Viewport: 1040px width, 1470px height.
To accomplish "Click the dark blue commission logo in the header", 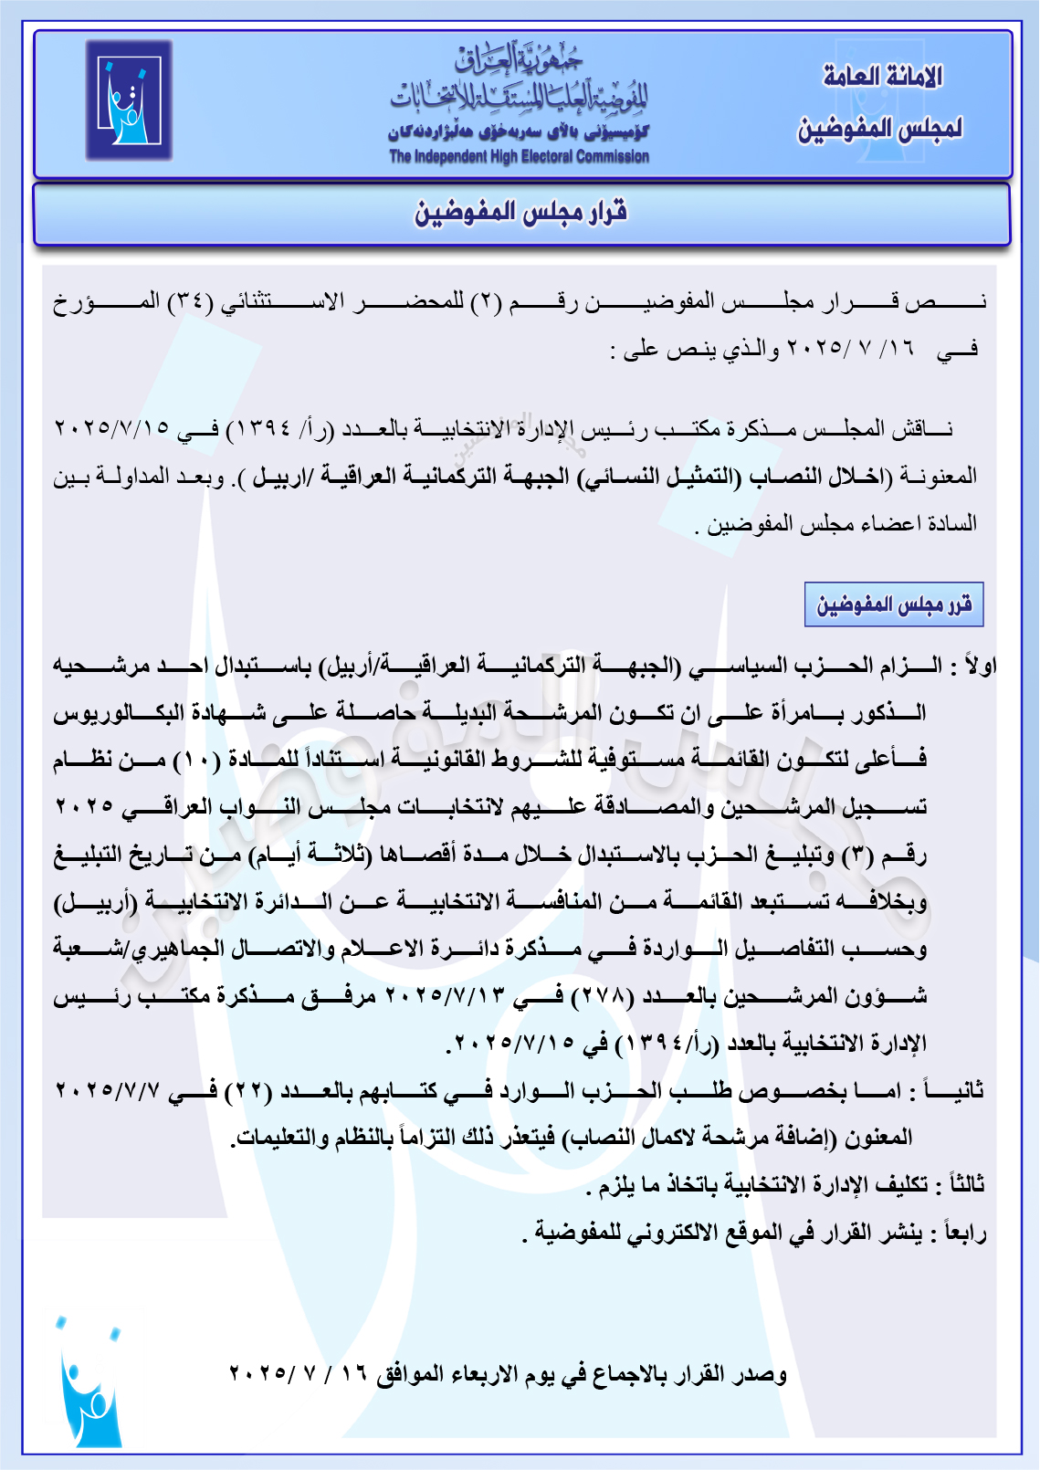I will (x=129, y=100).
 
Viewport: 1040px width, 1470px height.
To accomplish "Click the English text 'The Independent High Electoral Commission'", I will (x=519, y=156).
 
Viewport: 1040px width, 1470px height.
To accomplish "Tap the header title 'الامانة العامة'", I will (x=882, y=77).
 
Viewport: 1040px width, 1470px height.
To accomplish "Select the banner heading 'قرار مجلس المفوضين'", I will (x=521, y=213).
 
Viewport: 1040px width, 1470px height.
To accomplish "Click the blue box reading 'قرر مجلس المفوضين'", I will (x=894, y=604).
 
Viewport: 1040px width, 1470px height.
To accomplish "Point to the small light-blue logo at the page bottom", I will (x=89, y=1382).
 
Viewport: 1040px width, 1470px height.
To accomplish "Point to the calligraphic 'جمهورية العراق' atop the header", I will (x=519, y=60).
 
